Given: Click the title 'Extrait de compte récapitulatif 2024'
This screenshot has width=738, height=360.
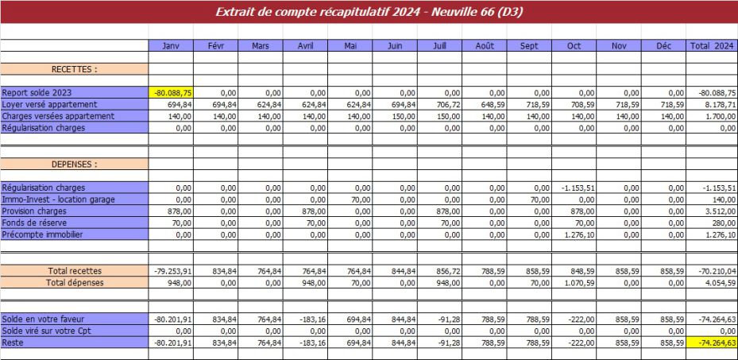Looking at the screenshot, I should (369, 12).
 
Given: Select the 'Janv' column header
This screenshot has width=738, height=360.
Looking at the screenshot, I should (170, 46).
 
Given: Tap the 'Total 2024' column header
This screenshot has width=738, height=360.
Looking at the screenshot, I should (712, 46).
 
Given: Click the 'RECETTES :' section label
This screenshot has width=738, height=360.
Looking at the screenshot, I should (74, 69).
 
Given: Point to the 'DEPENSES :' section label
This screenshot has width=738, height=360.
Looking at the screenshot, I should (74, 165).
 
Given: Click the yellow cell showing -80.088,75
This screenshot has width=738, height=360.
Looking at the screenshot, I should (172, 93).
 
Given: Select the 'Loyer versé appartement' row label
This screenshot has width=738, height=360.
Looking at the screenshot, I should (49, 105).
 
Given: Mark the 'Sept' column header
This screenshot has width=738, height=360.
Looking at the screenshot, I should (529, 46).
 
